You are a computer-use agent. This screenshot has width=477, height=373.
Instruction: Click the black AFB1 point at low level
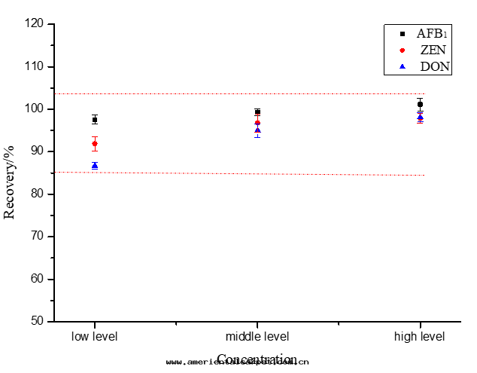coord(95,120)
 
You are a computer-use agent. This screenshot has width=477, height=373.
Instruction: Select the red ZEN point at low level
coord(95,143)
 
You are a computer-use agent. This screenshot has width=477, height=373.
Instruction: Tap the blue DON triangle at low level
coord(95,165)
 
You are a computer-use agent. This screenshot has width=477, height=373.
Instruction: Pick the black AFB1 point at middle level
coord(257,112)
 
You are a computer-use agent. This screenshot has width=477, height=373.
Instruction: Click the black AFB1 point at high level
coord(420,104)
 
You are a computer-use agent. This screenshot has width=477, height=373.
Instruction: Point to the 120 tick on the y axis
coord(35,24)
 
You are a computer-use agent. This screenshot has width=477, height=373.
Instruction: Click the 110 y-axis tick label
coord(35,66)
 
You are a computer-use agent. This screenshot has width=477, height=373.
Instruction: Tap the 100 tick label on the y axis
coord(35,109)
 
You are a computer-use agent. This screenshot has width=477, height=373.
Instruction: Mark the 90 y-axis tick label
coord(38,151)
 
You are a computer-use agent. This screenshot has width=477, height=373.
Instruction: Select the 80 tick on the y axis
coord(38,194)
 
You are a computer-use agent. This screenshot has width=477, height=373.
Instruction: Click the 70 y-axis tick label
coord(38,237)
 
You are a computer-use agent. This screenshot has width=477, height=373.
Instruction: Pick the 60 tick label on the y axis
coord(38,279)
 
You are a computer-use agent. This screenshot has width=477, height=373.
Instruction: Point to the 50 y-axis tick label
coord(38,321)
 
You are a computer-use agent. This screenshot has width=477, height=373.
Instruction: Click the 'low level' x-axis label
coord(95,335)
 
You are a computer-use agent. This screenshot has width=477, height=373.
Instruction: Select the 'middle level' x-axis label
coord(257,335)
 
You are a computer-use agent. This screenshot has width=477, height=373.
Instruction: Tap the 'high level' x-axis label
coord(420,335)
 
